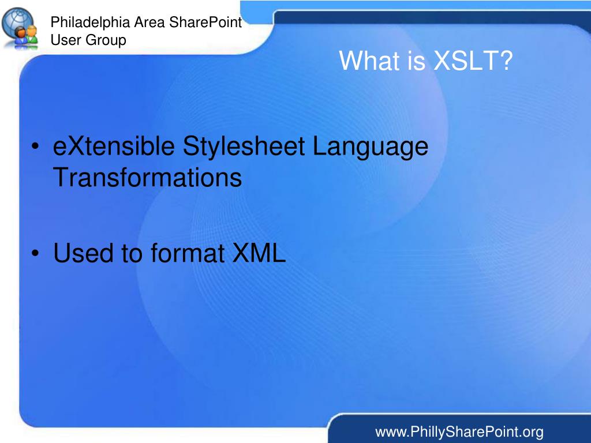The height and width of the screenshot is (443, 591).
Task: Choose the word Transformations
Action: click(x=147, y=178)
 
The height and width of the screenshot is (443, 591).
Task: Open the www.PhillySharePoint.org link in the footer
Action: click(x=459, y=431)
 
